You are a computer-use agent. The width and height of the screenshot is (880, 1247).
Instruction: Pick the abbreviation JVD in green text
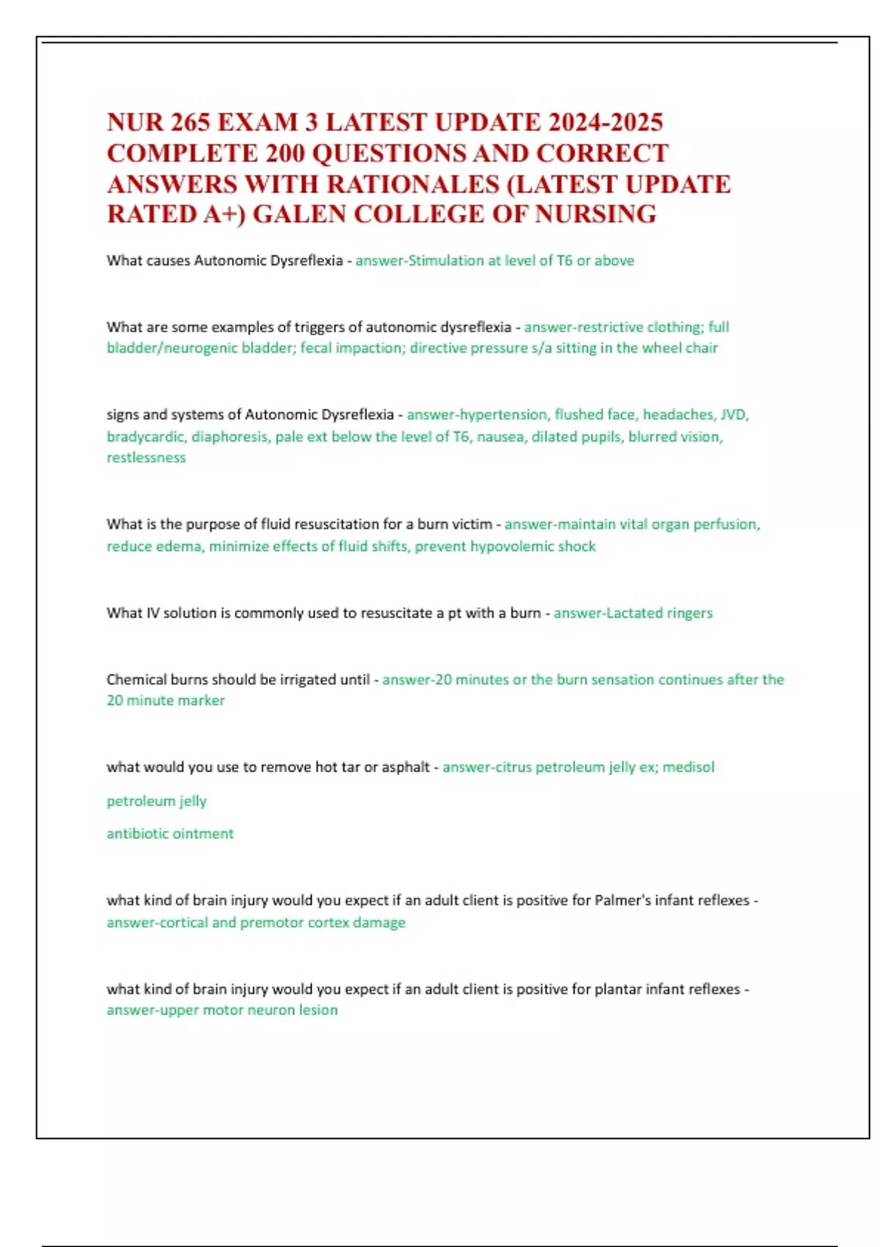point(734,414)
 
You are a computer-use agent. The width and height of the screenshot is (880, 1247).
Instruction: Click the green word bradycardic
point(144,436)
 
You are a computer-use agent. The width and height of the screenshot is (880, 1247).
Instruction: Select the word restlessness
point(146,458)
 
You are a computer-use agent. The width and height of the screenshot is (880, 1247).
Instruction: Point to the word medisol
point(689,767)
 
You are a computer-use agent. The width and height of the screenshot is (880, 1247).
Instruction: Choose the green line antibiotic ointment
point(170,833)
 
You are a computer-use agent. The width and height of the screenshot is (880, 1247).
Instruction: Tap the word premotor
point(271,922)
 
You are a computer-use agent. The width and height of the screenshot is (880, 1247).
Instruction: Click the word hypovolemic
point(512,546)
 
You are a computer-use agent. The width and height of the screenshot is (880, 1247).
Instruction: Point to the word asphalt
point(406,767)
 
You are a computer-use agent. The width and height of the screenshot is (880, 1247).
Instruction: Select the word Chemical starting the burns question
point(136,679)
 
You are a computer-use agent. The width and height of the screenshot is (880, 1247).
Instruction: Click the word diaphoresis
point(230,436)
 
